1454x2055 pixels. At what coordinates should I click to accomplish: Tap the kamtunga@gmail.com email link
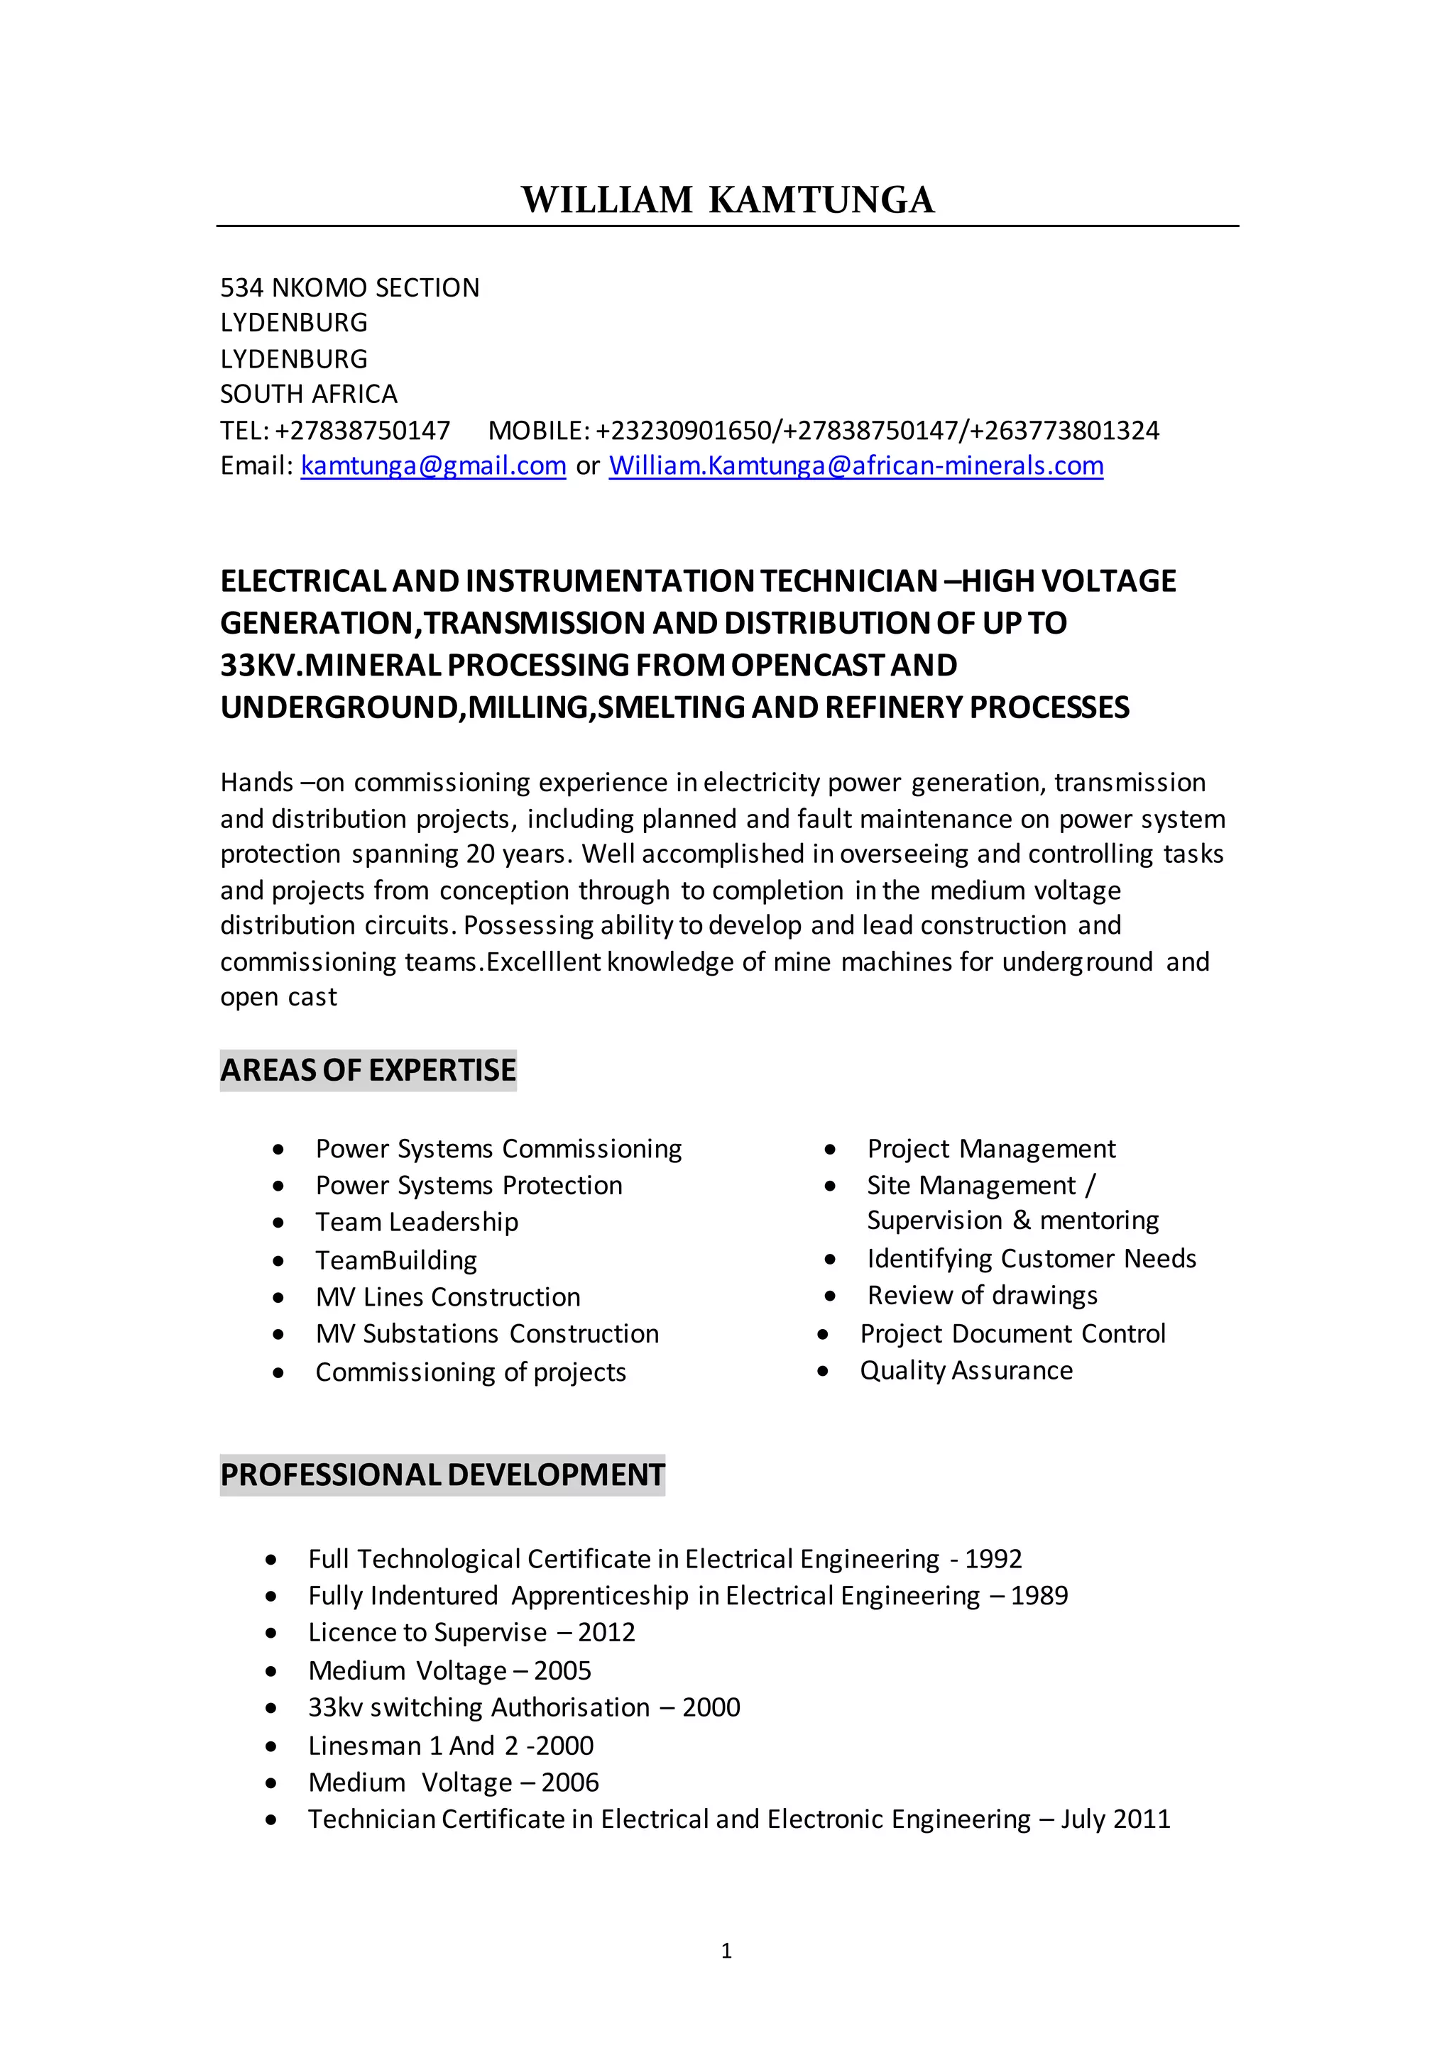point(433,466)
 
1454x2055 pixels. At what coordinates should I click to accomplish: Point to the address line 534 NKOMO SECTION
point(350,287)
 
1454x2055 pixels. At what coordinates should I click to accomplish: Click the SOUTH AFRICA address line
point(309,394)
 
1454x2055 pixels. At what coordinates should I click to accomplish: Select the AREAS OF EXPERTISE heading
point(368,1071)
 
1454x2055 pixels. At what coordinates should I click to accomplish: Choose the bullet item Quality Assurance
point(966,1370)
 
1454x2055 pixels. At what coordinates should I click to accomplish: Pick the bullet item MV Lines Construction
point(448,1297)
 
